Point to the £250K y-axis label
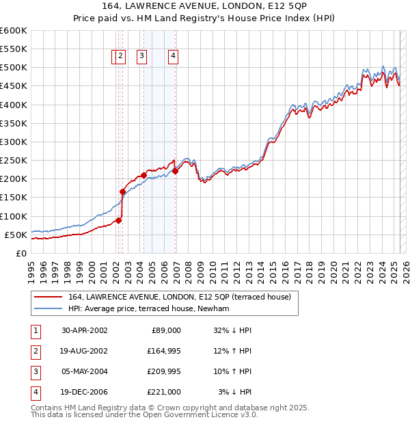click(x=13, y=160)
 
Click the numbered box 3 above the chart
click(x=141, y=57)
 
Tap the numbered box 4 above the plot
click(x=174, y=57)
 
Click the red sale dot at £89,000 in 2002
click(x=119, y=220)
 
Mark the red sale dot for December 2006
click(x=176, y=172)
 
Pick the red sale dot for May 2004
click(x=144, y=175)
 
